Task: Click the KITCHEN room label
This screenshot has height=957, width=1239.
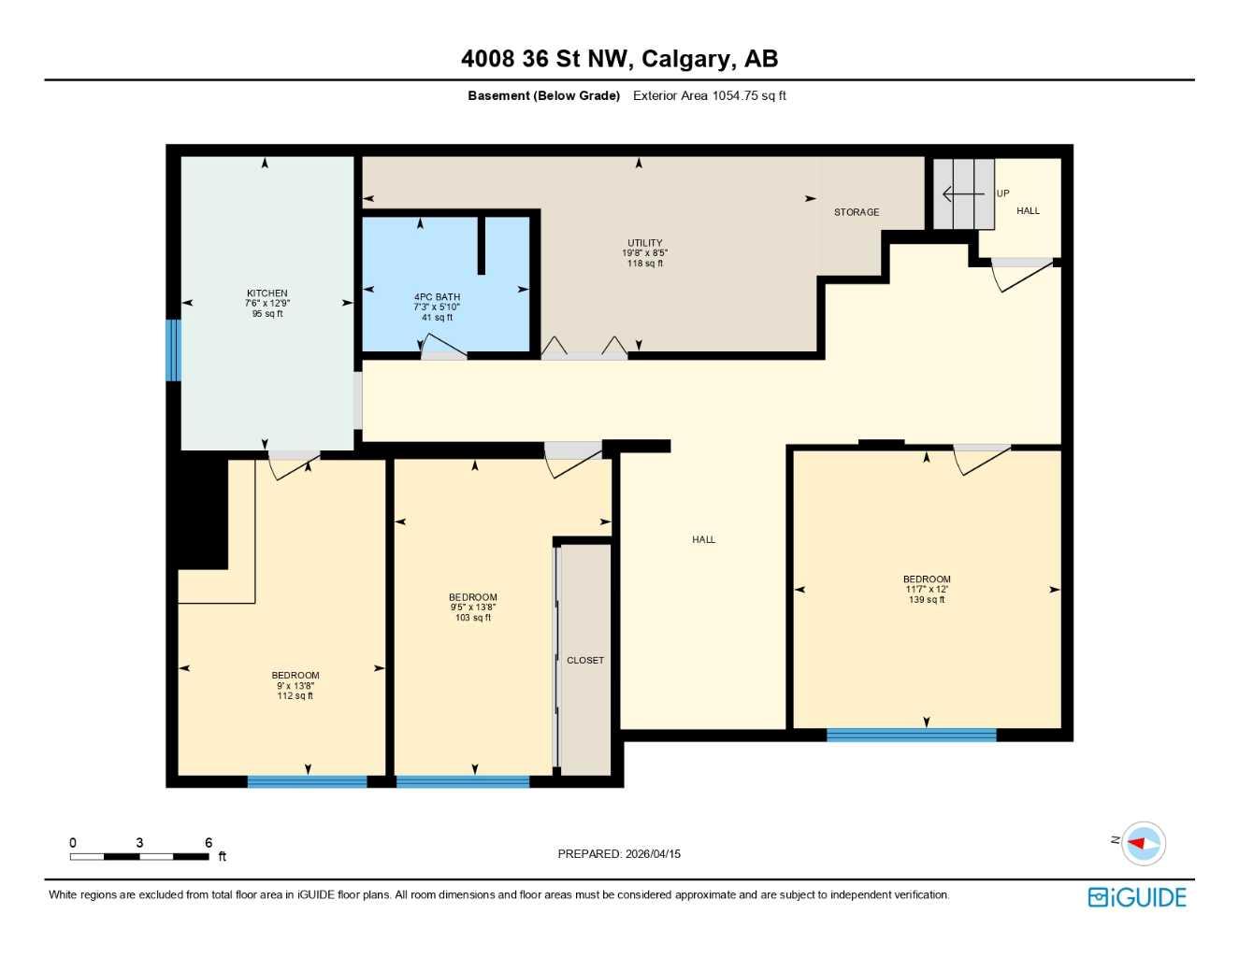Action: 267,293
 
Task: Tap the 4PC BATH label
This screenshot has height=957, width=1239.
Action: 437,297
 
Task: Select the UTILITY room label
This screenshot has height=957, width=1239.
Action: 644,243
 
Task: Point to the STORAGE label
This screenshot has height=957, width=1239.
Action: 857,212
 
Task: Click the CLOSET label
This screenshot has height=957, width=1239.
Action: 585,660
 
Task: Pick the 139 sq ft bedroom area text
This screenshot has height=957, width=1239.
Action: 926,600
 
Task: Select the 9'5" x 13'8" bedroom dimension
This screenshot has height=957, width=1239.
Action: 472,607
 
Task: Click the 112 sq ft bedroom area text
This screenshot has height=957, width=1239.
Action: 295,696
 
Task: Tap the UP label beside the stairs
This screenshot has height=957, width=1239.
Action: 1002,193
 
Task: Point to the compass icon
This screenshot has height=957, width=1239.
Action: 1143,843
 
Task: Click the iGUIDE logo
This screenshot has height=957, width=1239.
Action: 1137,897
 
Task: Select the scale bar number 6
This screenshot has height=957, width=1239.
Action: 209,843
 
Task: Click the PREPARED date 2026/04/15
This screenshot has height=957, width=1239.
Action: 653,853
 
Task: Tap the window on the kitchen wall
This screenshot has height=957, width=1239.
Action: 173,350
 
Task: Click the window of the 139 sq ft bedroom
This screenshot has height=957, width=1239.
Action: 911,736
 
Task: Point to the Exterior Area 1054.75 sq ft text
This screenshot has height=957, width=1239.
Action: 709,95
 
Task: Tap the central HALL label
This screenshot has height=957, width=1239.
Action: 703,539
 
